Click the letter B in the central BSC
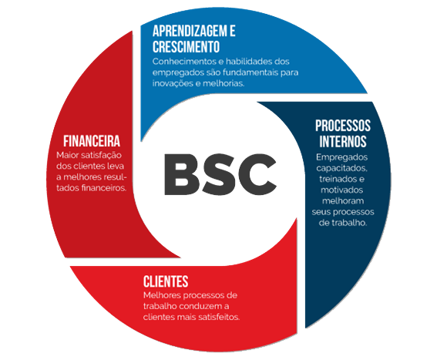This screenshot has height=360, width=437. click(182, 174)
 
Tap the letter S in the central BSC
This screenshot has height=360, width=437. click(220, 174)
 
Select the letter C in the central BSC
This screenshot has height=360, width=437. click(258, 174)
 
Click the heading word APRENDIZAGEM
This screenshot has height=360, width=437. click(190, 31)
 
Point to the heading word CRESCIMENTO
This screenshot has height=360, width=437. click(187, 46)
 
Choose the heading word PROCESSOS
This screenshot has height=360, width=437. click(343, 126)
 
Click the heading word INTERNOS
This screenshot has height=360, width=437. click(343, 141)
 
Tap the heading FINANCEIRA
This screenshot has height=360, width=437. click(92, 141)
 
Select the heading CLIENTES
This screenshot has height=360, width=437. click(166, 281)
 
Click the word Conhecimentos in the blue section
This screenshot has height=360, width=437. click(184, 62)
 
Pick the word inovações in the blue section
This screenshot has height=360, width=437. click(173, 83)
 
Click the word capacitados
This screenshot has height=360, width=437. click(342, 168)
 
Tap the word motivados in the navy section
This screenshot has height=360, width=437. click(342, 190)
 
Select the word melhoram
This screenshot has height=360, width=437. click(343, 200)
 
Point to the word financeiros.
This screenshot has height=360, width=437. click(104, 187)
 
